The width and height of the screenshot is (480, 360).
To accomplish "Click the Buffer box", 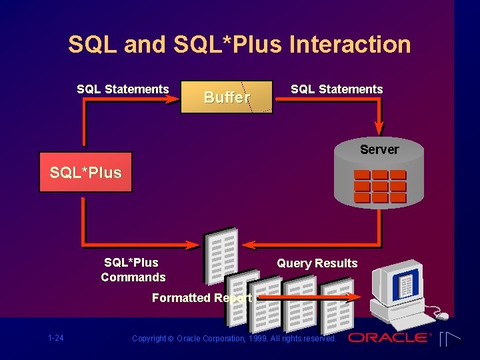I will click(227, 97).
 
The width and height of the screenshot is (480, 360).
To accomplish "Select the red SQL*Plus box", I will click(85, 173).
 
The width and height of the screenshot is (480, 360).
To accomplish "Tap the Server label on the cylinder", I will click(379, 149).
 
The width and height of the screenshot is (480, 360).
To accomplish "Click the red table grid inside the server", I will click(380, 186).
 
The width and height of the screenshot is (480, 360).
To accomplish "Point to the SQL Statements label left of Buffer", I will click(123, 89).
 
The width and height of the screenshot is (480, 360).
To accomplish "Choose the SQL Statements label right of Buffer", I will click(337, 89).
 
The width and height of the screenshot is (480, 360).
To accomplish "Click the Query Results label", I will click(317, 263).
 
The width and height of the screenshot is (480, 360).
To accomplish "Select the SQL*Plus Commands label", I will click(133, 270).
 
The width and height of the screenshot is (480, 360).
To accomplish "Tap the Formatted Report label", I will click(201, 298).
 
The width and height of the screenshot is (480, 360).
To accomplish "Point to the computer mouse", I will click(441, 315).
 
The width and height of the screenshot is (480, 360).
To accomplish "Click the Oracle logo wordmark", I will click(389, 337).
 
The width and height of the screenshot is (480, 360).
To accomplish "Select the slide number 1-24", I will click(56, 338).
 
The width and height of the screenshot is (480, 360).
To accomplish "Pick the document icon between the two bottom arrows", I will click(221, 253).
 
